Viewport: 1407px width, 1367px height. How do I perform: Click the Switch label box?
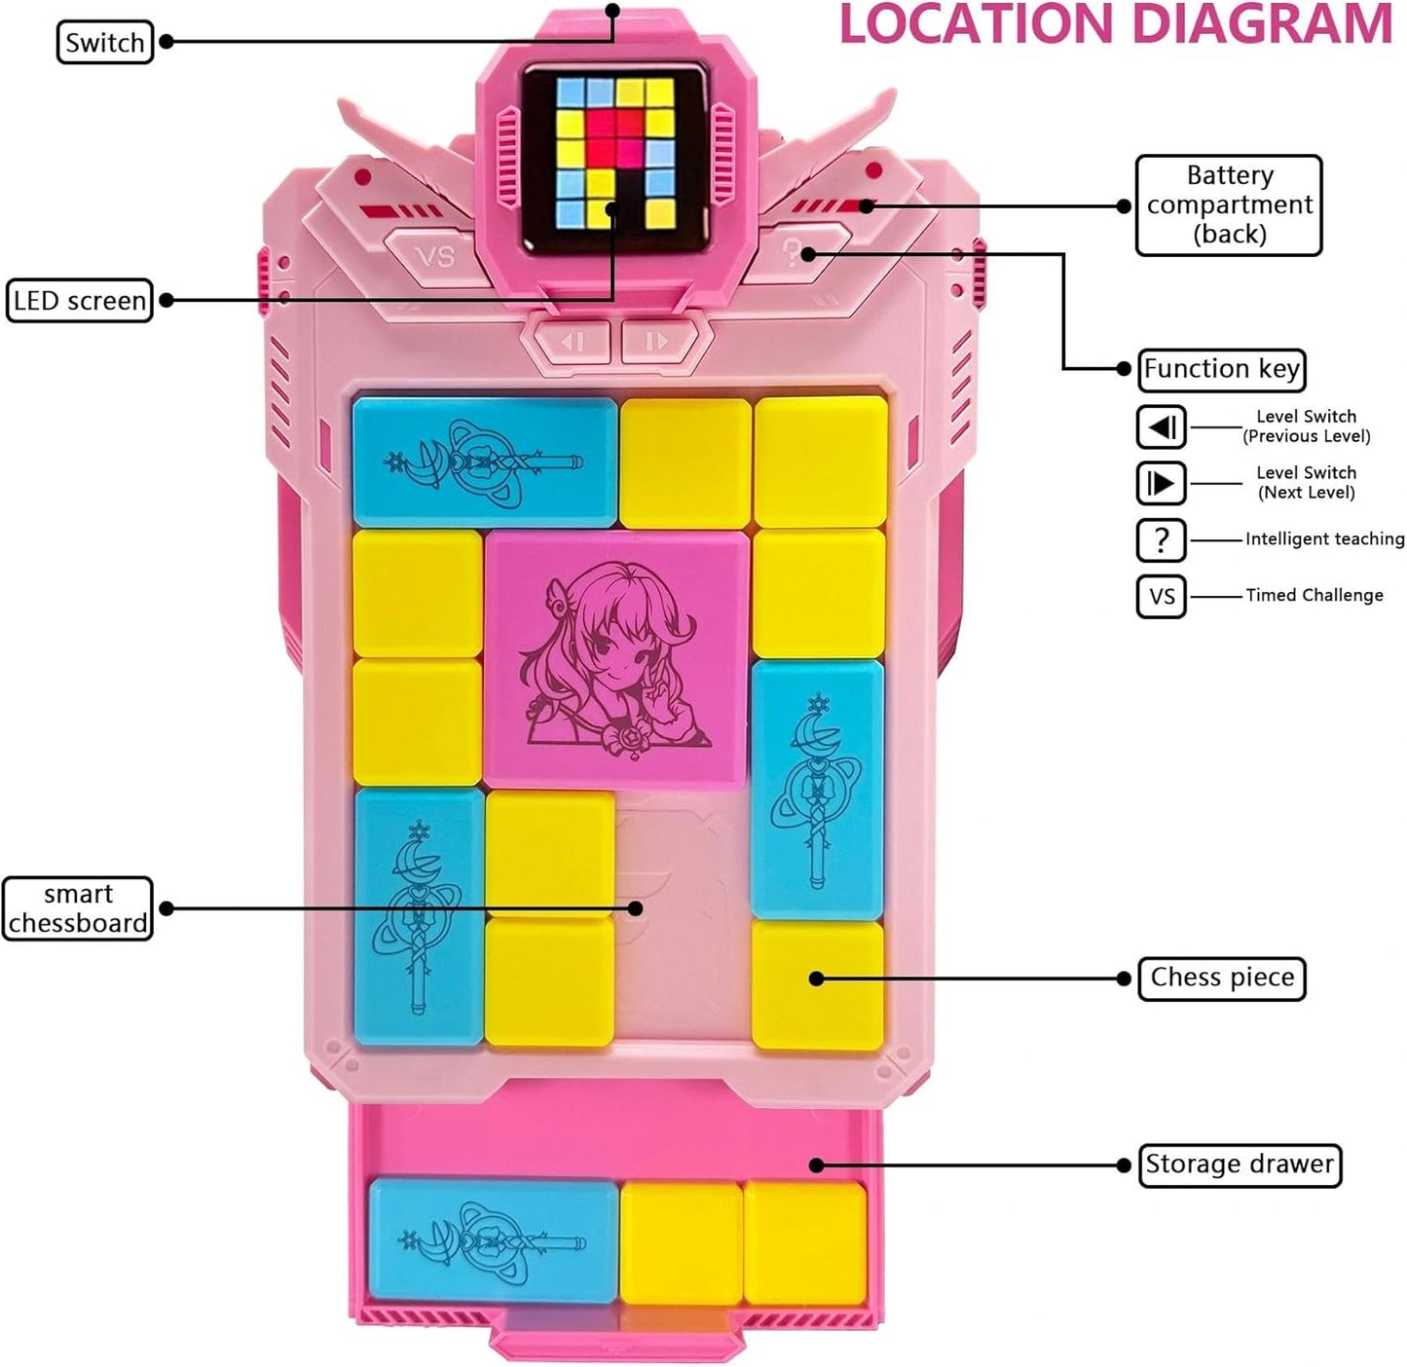[x=105, y=42]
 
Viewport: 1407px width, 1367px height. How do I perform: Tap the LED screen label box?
[x=79, y=300]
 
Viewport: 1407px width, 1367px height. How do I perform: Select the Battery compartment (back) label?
[x=1229, y=204]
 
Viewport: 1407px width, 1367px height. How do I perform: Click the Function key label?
[x=1221, y=369]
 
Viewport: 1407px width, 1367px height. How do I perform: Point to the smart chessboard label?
[x=77, y=908]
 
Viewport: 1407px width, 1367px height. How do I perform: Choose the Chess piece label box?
[x=1222, y=979]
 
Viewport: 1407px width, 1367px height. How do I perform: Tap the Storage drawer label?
[x=1240, y=1164]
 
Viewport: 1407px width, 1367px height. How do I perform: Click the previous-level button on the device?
[x=572, y=341]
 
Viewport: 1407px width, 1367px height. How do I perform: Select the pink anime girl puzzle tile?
[x=616, y=659]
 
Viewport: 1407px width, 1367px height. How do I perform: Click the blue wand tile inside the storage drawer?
[x=494, y=1240]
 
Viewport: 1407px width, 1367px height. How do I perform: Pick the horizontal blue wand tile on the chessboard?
[x=485, y=462]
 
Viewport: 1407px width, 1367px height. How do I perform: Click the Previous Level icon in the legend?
[x=1162, y=427]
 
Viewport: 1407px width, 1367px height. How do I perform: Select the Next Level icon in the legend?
[x=1162, y=483]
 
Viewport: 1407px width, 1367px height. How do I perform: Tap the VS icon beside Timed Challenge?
[x=1162, y=597]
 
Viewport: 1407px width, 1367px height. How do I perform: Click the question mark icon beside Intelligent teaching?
[x=1162, y=540]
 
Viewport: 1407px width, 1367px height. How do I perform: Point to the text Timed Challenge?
[x=1314, y=596]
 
